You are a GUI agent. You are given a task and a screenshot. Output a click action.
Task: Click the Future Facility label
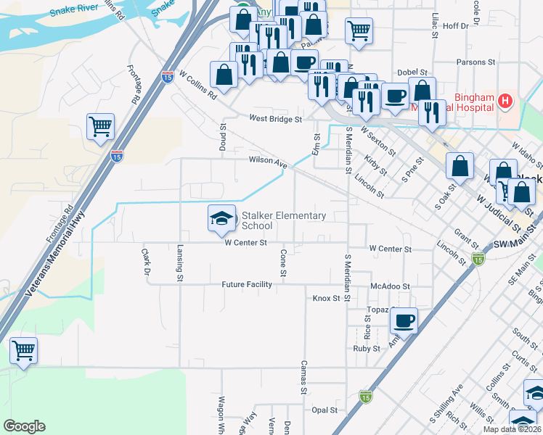click(247, 285)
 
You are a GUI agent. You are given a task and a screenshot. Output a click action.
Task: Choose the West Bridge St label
click(274, 118)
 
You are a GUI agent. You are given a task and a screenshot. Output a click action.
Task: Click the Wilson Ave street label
click(268, 162)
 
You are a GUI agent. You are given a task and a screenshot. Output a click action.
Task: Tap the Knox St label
click(326, 298)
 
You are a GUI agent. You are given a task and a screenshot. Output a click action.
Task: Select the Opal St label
click(324, 410)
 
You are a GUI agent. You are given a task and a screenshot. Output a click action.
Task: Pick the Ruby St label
click(367, 349)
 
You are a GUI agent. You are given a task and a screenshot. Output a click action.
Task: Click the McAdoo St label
click(390, 286)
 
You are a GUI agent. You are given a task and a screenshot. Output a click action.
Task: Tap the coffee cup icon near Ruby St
click(404, 320)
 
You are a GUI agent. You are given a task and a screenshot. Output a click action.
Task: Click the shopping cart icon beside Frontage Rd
click(100, 127)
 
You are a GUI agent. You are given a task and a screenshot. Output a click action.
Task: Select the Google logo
click(24, 426)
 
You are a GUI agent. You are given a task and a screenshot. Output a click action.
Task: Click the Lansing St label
click(179, 261)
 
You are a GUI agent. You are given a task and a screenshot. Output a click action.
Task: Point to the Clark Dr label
click(144, 262)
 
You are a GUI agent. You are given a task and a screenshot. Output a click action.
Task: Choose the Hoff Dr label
click(455, 25)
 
